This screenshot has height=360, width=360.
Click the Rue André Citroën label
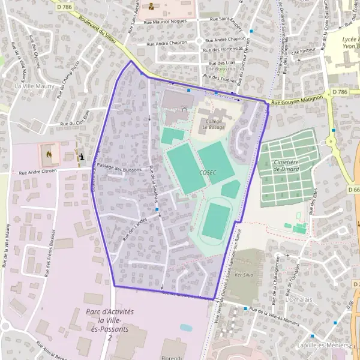tap(37, 172)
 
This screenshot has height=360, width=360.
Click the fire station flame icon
tap(48, 154)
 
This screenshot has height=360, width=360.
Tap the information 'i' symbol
tap(82, 157)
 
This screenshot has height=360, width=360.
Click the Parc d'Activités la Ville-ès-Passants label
tap(109, 325)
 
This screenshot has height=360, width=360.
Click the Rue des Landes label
tap(134, 230)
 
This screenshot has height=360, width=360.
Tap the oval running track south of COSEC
tap(216, 221)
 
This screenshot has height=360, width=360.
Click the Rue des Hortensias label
tap(224, 50)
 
